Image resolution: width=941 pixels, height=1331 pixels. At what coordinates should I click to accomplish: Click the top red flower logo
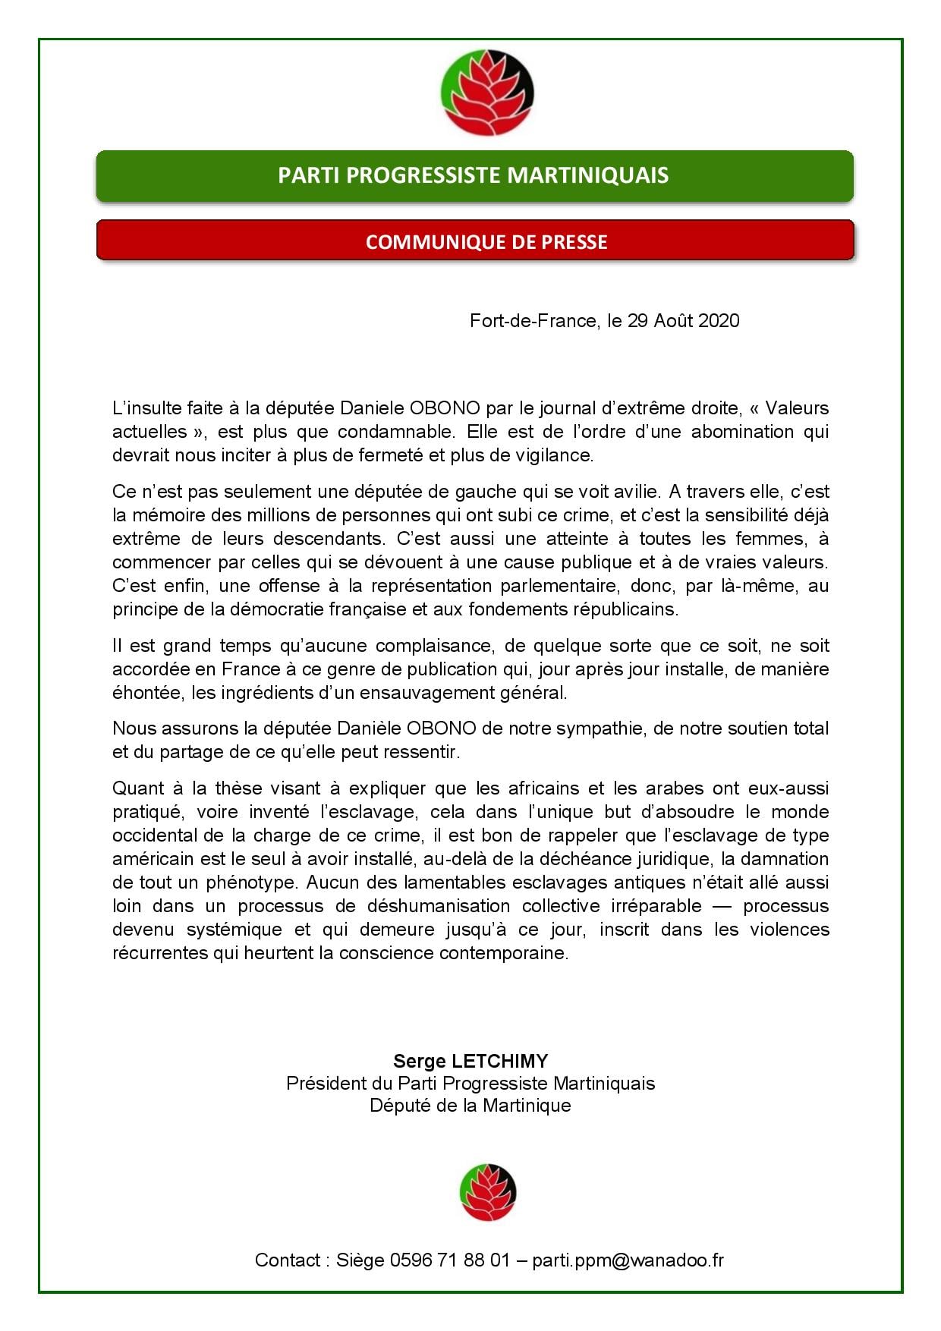487,93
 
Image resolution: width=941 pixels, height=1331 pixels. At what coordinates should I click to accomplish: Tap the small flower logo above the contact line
488,1192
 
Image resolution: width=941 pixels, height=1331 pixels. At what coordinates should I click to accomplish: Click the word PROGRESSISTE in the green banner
428,175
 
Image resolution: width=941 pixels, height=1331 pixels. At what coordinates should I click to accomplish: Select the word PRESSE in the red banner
574,242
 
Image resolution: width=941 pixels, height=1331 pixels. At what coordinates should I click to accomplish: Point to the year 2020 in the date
718,321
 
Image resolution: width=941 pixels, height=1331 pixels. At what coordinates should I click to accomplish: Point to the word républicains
623,609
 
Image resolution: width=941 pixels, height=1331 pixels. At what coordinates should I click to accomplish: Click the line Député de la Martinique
470,1106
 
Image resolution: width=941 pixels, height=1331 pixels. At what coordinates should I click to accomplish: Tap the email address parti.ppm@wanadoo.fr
628,1260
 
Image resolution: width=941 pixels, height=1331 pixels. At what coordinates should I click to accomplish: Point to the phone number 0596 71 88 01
450,1260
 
